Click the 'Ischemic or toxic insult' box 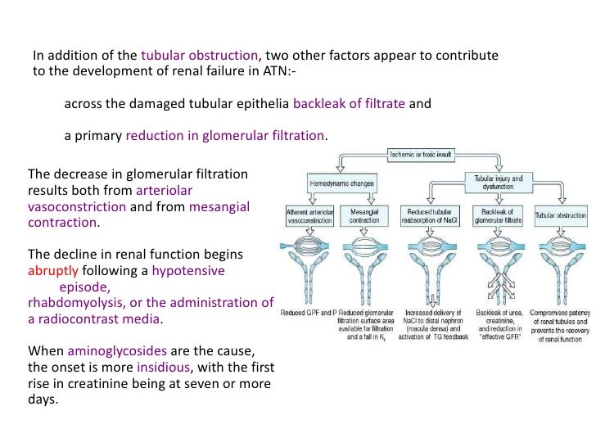click(x=422, y=155)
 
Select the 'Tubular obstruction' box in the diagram click(x=561, y=216)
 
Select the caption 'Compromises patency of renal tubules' click(x=560, y=325)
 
